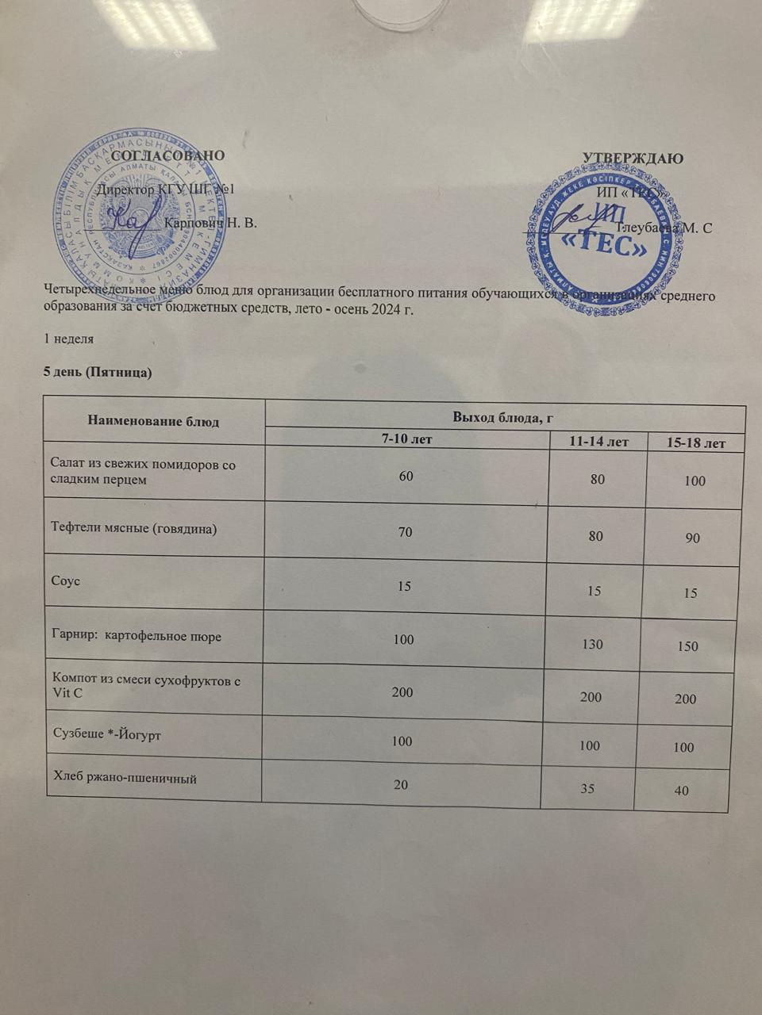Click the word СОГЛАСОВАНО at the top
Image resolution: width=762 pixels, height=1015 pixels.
point(168,155)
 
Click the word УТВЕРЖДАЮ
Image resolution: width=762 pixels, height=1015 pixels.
point(633,157)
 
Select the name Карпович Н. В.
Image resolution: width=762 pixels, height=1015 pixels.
point(210,223)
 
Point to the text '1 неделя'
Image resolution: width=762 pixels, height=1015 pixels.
point(69,339)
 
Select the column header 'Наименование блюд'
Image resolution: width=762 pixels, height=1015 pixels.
point(153,420)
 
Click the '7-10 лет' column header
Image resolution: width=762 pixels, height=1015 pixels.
point(406,438)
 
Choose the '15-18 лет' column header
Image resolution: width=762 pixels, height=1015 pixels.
point(695,443)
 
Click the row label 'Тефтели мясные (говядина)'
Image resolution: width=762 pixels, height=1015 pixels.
point(133,528)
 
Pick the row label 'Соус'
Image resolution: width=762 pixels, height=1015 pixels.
point(65,581)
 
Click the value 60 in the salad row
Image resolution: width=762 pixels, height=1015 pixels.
point(406,477)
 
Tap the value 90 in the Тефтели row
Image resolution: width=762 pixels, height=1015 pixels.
point(692,538)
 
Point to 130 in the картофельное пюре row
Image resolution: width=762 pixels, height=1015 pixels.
point(592,645)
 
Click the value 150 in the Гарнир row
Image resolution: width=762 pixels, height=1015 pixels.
point(687,646)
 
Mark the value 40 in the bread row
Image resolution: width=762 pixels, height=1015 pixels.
point(681,790)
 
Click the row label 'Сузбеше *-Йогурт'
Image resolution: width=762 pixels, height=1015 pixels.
point(106,736)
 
